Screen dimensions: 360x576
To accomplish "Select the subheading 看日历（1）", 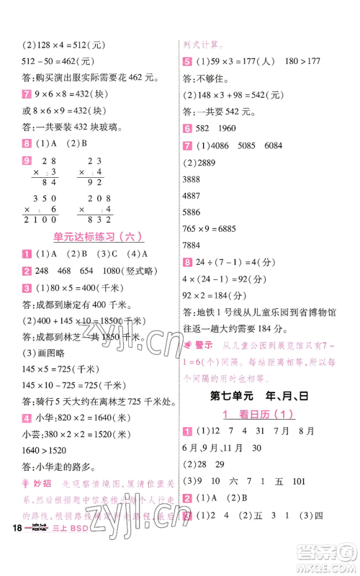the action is point(266,415).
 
